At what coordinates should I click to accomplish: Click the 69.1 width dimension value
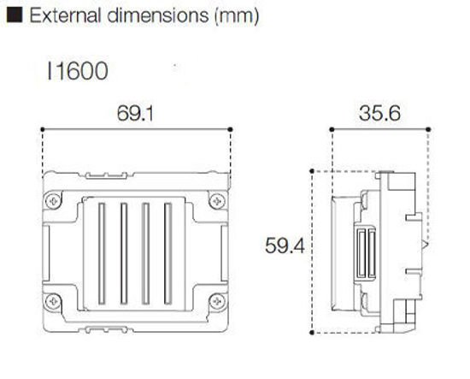(x=138, y=112)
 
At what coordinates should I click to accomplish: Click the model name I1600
(x=79, y=71)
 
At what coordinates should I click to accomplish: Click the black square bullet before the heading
(x=12, y=16)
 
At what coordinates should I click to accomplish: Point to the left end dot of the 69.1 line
(x=44, y=129)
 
